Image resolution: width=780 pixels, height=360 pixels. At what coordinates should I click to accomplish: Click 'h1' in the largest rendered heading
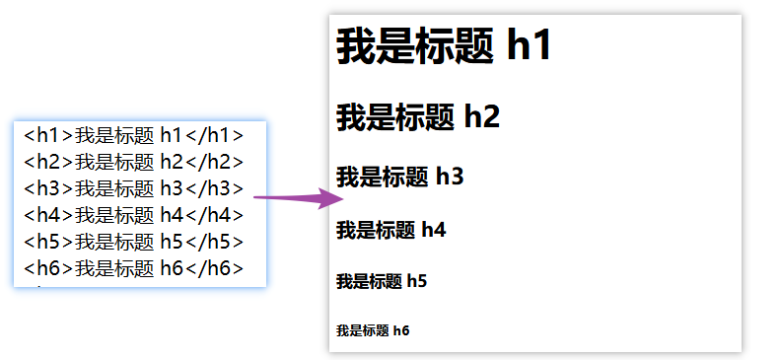pos(529,46)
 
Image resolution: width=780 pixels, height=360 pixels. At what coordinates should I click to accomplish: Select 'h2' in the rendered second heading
pos(481,117)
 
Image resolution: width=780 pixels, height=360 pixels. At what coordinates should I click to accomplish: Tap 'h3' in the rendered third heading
pos(450,178)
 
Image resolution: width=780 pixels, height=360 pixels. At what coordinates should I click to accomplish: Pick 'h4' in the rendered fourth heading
pos(434,231)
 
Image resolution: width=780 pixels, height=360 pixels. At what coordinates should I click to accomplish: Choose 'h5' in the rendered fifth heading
pos(416,282)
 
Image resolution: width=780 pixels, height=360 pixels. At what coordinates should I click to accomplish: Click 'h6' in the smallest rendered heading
pos(401,330)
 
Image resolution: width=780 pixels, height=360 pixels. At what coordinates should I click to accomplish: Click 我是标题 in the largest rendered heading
pos(414,46)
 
